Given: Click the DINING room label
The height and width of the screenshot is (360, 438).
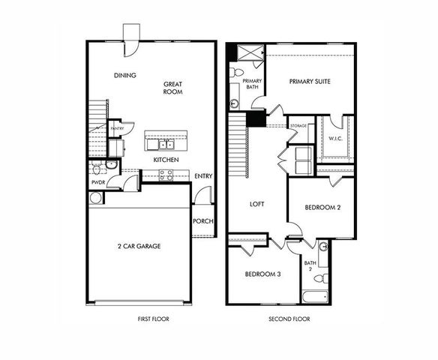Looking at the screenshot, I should [x=124, y=75].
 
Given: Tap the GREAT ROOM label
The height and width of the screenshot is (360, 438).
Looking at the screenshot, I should [x=174, y=88].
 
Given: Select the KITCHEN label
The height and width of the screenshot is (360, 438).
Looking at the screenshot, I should [x=166, y=160].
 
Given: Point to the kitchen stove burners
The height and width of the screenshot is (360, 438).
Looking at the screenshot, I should [x=166, y=175].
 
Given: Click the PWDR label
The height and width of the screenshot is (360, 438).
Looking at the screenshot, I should [x=97, y=181].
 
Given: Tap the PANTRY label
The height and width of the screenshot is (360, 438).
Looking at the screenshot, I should [x=117, y=129].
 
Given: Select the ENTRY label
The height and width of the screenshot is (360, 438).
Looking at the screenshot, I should [x=203, y=176].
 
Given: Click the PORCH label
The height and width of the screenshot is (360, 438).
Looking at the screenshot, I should [x=202, y=220].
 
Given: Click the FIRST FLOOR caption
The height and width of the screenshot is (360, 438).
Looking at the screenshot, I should [x=153, y=319].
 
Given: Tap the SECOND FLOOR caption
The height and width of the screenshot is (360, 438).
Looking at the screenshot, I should [x=289, y=319].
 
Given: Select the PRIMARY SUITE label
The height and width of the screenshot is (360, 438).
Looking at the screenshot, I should [x=309, y=81].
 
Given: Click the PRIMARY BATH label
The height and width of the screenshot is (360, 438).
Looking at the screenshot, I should [x=252, y=84].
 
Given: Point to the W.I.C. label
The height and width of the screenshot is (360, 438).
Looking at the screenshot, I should [x=335, y=139].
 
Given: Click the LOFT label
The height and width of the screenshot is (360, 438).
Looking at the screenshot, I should [x=256, y=203].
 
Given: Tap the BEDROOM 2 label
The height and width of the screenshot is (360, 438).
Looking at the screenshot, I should [x=324, y=208].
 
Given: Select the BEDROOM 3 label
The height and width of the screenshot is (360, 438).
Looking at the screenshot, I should [x=263, y=274].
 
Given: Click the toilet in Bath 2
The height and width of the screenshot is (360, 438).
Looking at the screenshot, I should [x=319, y=278].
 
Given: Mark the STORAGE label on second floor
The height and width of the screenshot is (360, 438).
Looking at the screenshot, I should [x=298, y=126].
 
